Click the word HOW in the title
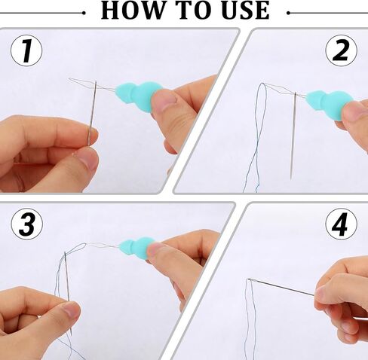pos(132,10)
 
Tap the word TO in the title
pos(192,10)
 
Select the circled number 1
pos(26,50)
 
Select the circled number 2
pos(341,50)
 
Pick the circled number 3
pos(27,224)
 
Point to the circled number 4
pos(341,224)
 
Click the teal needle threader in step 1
pos(138,96)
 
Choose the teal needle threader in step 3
pos(137,247)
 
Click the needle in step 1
pos(92,113)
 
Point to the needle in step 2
pos(293,136)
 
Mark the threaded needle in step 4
pos(281,287)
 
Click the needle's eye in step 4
pos(250,279)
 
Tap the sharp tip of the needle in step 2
pos(291,179)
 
